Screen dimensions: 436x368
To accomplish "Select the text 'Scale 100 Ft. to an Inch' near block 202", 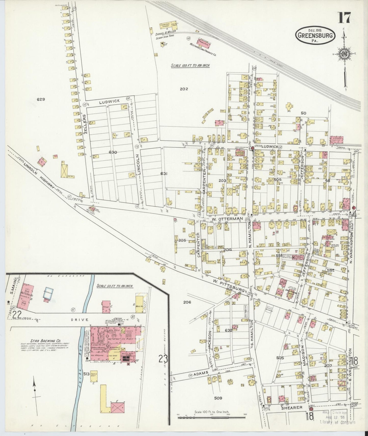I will click(x=190, y=66).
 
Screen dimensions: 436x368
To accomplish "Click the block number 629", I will click(x=40, y=99).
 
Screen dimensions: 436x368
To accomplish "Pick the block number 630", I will click(x=113, y=152).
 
